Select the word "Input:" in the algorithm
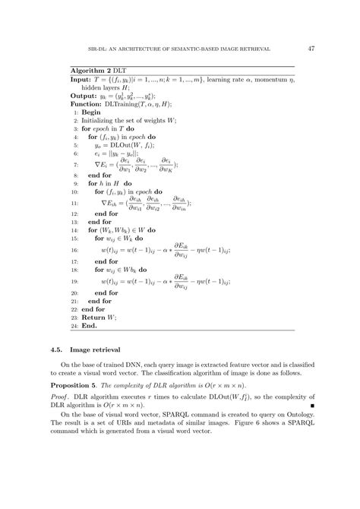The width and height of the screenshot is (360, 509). click(x=80, y=79)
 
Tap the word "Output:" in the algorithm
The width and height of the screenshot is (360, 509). click(x=83, y=96)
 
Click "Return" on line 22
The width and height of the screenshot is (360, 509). click(x=93, y=318)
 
